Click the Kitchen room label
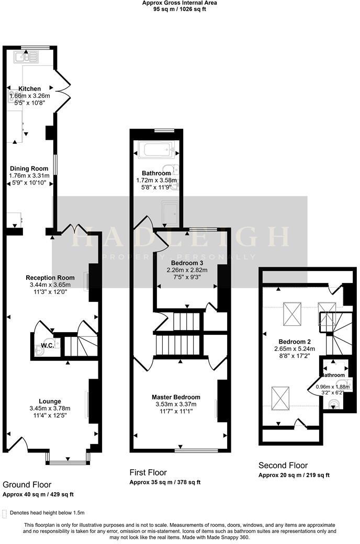(29, 89)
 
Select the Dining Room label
(29, 168)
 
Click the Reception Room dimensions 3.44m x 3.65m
(51, 285)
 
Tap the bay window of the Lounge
(67, 461)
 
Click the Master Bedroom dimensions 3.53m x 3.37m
(176, 404)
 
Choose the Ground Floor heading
(27, 485)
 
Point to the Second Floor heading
(283, 465)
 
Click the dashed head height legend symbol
(5, 513)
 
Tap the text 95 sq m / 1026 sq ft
(180, 9)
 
